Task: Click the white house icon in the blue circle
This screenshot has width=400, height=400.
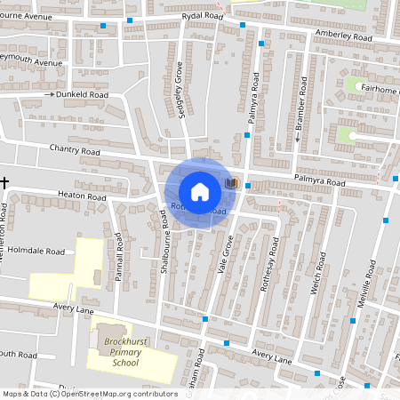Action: [x=200, y=192]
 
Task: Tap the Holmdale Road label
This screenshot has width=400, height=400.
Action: [x=37, y=252]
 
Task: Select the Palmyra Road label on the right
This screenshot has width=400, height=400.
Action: [x=310, y=182]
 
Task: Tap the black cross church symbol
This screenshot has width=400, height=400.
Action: [x=5, y=182]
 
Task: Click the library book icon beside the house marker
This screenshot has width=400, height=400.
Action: [x=231, y=182]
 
